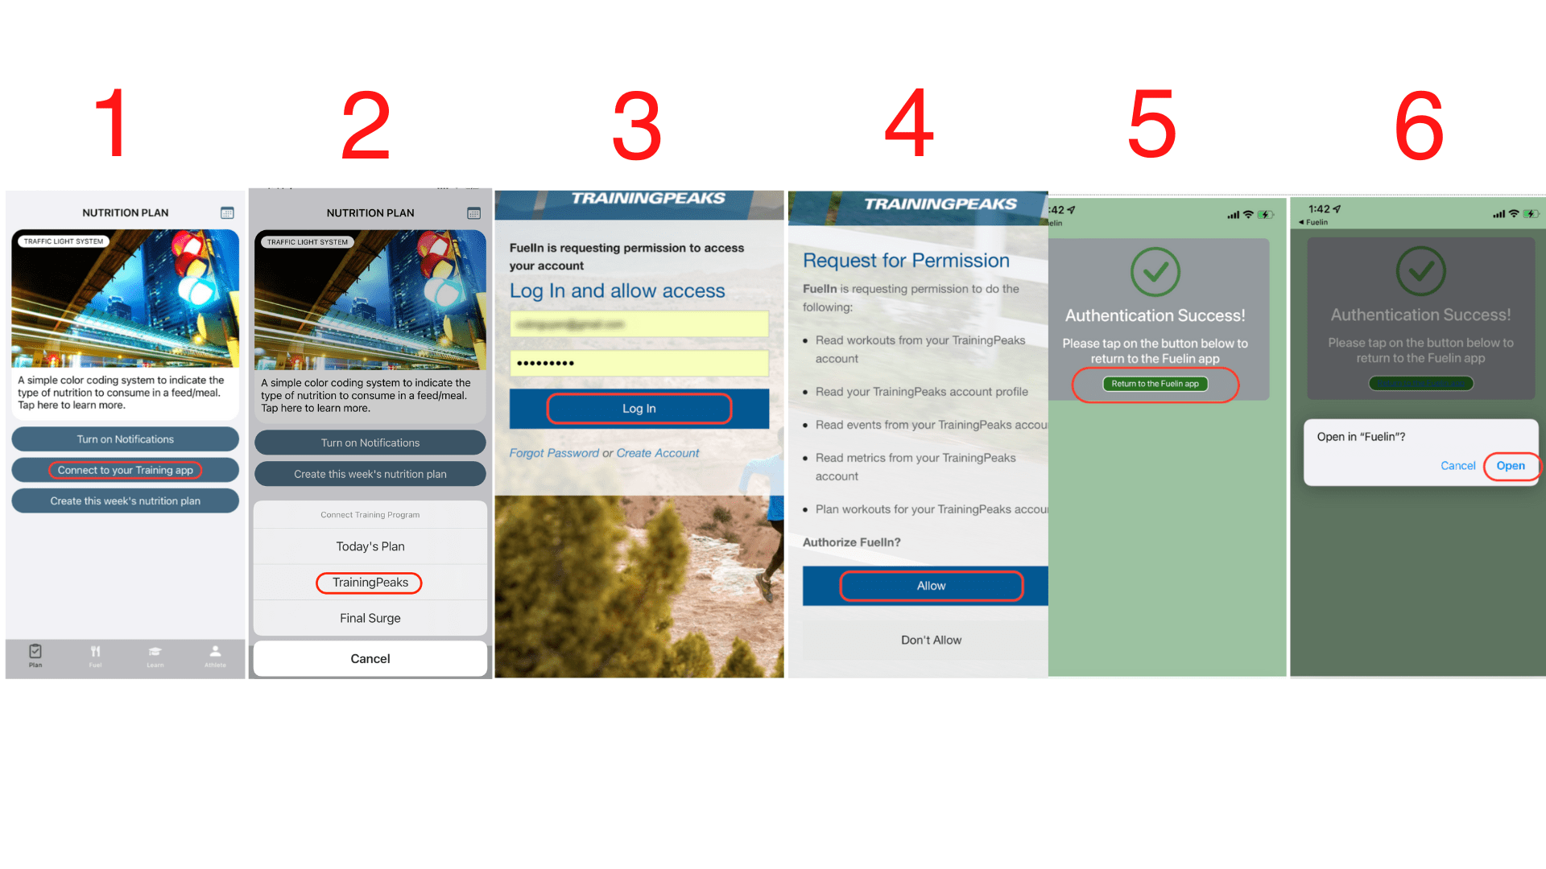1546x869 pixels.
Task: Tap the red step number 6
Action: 1419,125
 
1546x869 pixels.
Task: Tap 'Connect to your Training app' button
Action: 125,470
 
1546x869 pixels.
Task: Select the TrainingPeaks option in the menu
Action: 370,583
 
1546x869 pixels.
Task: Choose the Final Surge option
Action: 370,618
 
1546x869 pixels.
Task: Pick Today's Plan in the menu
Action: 370,546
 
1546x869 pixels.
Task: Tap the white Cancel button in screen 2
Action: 370,658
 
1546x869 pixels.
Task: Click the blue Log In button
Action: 639,409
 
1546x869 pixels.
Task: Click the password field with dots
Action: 639,363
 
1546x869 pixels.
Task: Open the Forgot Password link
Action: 554,453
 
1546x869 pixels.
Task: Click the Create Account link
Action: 657,453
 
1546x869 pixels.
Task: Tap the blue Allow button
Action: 931,586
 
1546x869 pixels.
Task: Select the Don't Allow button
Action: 931,640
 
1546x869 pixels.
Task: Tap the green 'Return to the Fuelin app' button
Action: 1155,384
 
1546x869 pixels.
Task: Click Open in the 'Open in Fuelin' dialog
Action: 1510,466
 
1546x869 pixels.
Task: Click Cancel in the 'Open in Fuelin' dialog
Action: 1457,466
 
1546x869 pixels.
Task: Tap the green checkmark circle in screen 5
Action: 1155,272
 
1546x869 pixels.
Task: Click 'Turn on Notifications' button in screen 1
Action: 125,439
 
